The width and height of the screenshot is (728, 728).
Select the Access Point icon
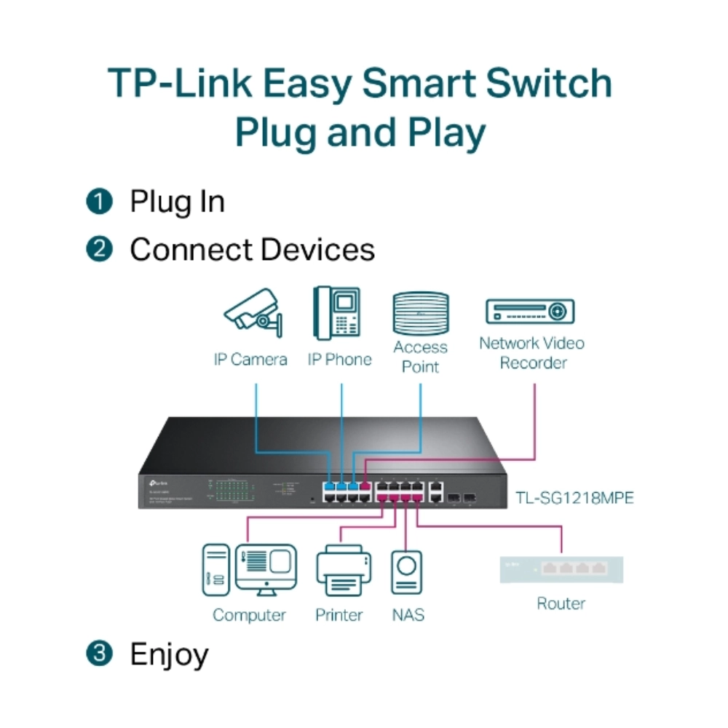pyautogui.click(x=420, y=313)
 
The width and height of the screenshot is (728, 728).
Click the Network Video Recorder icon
pyautogui.click(x=530, y=311)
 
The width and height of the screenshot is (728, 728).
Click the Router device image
pyautogui.click(x=561, y=569)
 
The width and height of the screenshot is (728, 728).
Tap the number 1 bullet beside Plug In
pyautogui.click(x=99, y=202)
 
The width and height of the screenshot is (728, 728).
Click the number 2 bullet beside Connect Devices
pyautogui.click(x=99, y=250)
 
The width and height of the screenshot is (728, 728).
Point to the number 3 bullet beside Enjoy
pyautogui.click(x=99, y=654)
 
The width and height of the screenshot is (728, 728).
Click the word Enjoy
pyautogui.click(x=169, y=654)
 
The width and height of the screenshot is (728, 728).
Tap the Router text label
pyautogui.click(x=561, y=604)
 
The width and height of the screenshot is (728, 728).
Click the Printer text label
pyautogui.click(x=339, y=615)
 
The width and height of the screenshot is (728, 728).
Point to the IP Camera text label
pyautogui.click(x=250, y=360)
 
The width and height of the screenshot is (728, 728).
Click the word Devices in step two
pyautogui.click(x=317, y=250)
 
